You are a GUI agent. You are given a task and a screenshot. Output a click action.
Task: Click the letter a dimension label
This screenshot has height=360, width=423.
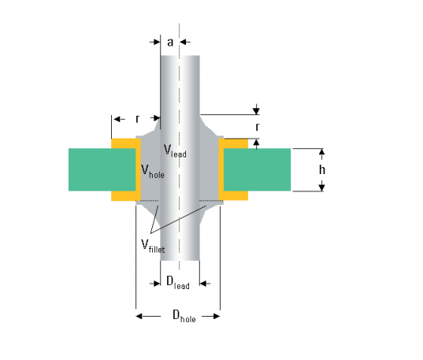[x=170, y=43]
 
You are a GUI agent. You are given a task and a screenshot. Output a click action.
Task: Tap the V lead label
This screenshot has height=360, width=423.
[x=175, y=151]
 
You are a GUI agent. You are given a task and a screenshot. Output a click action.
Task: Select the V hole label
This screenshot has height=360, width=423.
[x=153, y=172]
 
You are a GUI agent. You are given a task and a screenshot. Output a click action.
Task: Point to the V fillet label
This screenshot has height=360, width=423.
[x=153, y=246]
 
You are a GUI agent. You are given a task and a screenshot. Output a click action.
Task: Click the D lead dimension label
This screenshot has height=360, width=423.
[x=178, y=283]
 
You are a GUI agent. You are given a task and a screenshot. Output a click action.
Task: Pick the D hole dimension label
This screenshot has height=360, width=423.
[x=184, y=316]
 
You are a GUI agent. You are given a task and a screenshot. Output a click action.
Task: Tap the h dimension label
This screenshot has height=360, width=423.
[x=322, y=169]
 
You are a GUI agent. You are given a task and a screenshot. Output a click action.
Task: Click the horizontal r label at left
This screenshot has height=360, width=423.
[x=138, y=118]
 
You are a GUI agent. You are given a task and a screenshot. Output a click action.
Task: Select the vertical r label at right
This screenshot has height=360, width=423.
[x=258, y=126]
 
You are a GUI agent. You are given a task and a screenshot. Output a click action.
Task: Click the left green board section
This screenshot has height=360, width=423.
[x=102, y=169]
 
